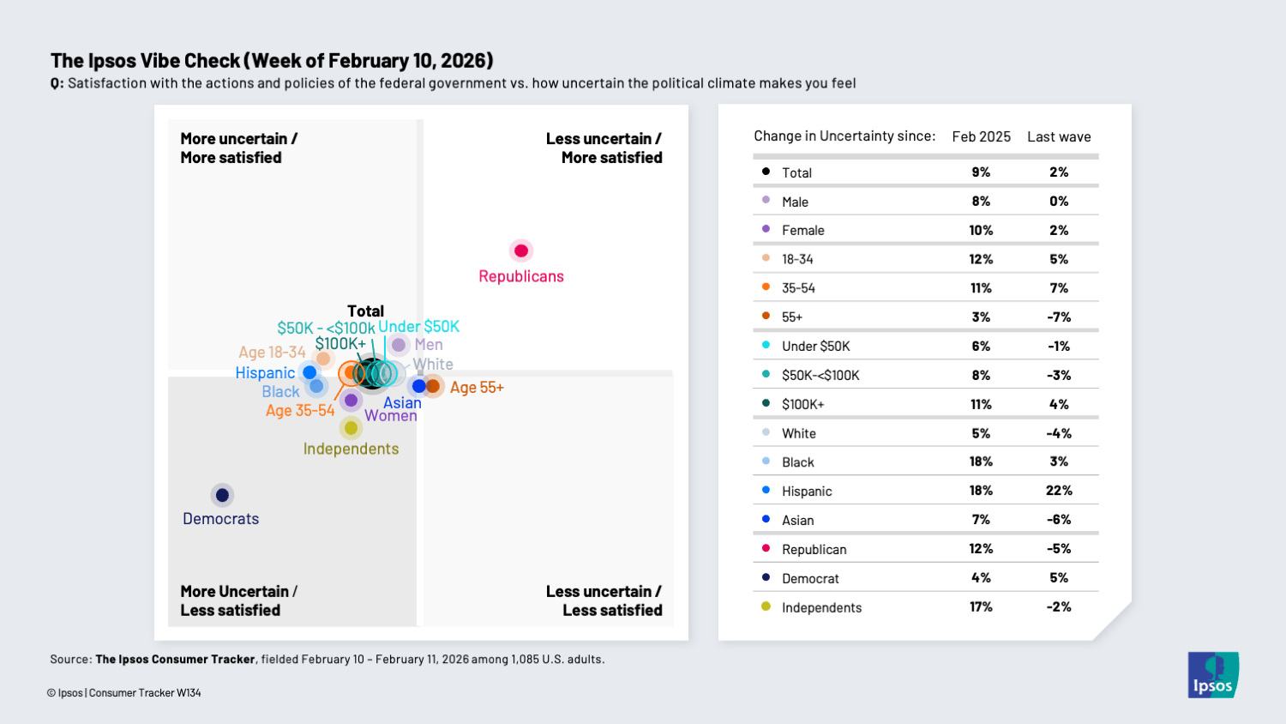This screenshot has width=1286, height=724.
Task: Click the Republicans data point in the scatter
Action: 521,250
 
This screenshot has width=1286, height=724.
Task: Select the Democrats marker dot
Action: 222,495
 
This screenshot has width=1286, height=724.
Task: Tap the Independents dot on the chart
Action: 351,427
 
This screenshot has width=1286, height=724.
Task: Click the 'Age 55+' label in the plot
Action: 477,388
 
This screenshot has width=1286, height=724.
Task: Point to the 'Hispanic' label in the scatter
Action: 265,373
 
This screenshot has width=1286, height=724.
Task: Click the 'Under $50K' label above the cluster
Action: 419,327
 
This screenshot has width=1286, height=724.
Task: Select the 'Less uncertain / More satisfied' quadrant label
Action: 604,148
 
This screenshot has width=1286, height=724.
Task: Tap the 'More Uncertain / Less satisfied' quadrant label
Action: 238,600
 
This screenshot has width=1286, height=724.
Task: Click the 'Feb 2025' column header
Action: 981,137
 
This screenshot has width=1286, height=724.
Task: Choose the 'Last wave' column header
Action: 1059,137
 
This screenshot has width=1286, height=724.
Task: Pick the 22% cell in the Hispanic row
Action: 1059,491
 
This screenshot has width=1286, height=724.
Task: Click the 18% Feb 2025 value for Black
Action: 981,462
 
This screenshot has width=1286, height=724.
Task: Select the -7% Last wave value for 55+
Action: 1059,317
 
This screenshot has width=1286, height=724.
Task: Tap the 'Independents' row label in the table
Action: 821,607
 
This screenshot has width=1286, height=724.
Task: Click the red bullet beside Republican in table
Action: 766,548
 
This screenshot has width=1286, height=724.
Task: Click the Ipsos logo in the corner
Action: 1212,675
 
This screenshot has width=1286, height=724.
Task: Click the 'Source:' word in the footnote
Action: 70,660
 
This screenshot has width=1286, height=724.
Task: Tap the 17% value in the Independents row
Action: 981,606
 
